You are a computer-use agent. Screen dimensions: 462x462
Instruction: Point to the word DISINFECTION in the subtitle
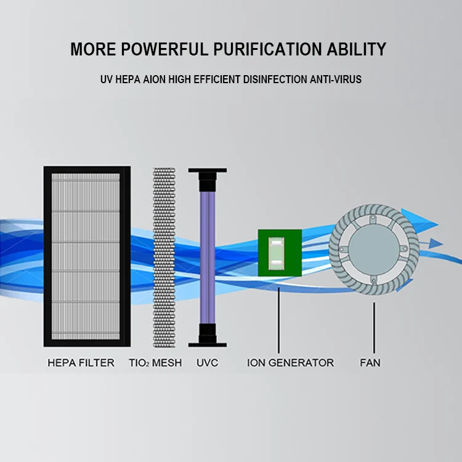274,80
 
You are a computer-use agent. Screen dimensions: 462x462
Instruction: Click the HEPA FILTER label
81,363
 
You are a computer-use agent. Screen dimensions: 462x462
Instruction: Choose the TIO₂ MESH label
156,363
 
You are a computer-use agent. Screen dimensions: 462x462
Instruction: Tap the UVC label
207,363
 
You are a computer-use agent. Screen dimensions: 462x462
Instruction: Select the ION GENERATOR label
290,363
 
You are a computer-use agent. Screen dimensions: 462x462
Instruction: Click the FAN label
370,363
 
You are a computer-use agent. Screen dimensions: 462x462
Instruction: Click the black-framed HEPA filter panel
86,256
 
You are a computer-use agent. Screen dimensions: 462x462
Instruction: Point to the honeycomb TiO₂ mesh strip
164,256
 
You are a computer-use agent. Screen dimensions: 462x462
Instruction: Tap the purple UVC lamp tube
207,253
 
